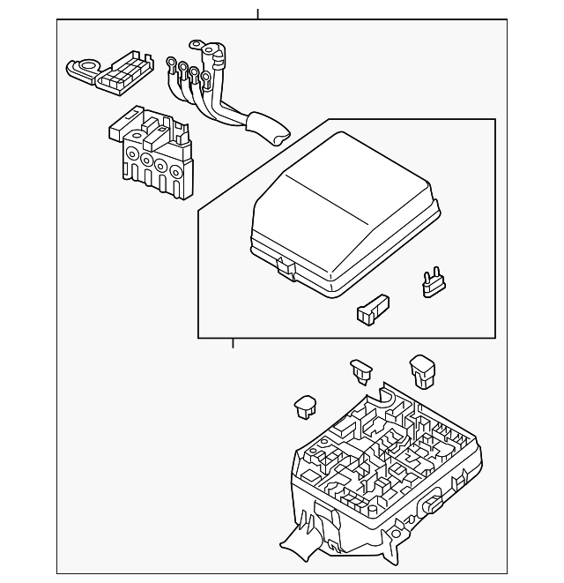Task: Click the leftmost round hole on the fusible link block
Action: [x=130, y=160]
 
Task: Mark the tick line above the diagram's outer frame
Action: [x=257, y=14]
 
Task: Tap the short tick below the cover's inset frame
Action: [x=233, y=343]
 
